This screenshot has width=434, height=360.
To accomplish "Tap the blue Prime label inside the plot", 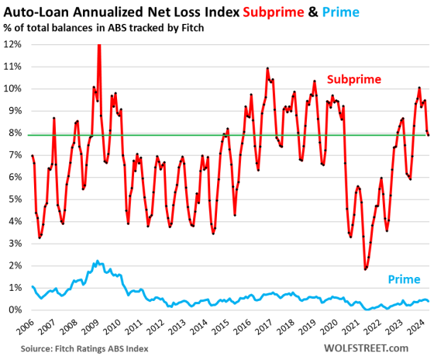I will [x=405, y=279].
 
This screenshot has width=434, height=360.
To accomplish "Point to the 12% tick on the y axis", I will [x=13, y=43].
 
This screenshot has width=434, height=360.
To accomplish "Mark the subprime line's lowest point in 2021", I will [x=365, y=269].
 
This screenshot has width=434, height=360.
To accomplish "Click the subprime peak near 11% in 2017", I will [x=267, y=68].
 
